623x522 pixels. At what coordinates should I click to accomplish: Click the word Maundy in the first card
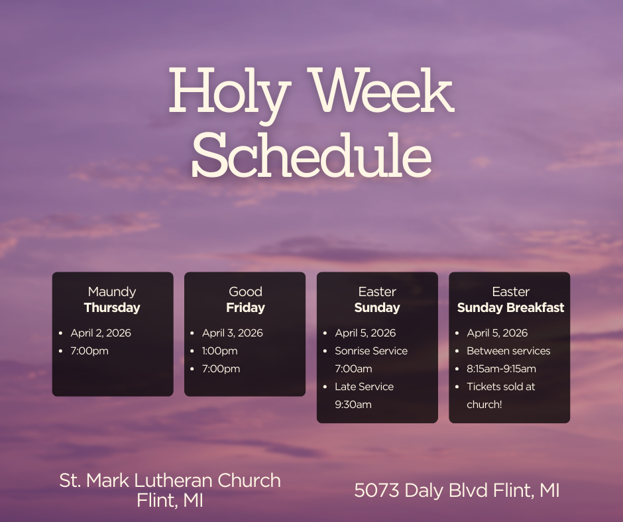pos(112,291)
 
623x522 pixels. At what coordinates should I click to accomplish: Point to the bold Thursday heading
pos(112,307)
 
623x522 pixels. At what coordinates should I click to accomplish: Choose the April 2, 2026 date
pos(101,333)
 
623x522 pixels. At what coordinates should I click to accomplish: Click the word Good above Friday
pos(245,291)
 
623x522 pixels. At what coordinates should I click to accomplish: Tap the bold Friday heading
pos(245,307)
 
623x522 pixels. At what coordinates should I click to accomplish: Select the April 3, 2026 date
pos(233,333)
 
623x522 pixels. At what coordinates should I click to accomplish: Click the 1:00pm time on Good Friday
pos(220,351)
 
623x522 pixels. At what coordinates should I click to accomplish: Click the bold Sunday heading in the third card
pos(377,307)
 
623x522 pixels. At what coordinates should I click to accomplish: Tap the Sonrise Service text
pos(371,351)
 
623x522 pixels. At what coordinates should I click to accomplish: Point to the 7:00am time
pos(353,369)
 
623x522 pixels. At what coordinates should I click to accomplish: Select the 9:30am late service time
pos(353,405)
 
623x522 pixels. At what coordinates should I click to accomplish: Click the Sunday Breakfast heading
pos(510,307)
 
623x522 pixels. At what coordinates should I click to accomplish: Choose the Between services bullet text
pos(508,351)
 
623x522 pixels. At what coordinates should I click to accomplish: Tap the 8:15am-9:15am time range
pos(501,369)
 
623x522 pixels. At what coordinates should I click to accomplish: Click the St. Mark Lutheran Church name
pos(170,480)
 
